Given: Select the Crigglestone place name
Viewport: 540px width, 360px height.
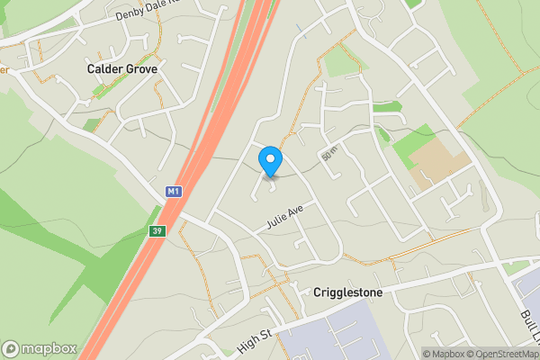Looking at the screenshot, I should click(350, 293).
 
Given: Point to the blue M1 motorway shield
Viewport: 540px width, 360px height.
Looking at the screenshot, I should click(175, 192).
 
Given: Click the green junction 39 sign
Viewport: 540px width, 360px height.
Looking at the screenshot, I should click(157, 232).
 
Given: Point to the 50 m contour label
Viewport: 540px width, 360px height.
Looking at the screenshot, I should click(329, 155).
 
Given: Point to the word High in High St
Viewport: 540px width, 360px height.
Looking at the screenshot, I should click(247, 345).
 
